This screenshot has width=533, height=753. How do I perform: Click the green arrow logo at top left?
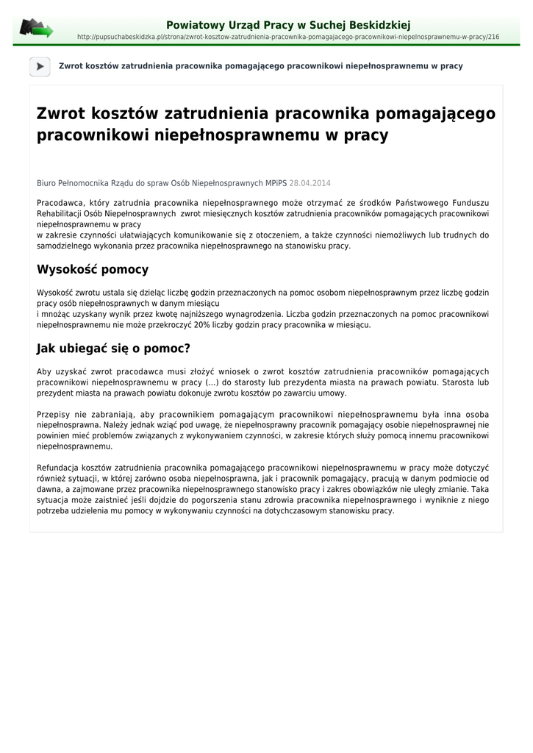pos(36,29)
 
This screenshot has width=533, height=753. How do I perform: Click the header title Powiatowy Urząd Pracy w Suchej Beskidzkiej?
pos(288,25)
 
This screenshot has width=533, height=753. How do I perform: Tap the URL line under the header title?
pos(288,37)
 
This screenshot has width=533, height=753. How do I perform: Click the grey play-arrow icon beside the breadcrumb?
pos(40,66)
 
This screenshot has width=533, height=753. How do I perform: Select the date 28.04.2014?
pos(310,183)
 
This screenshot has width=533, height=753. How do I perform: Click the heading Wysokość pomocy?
pos(93,270)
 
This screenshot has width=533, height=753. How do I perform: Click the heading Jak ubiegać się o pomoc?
pos(113,348)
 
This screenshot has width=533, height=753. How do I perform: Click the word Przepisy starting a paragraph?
pos(53,414)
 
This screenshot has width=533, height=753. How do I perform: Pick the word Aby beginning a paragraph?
pos(44,372)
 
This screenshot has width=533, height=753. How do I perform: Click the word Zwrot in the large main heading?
pos(61,114)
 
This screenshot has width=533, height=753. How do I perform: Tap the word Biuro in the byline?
pos(47,183)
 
